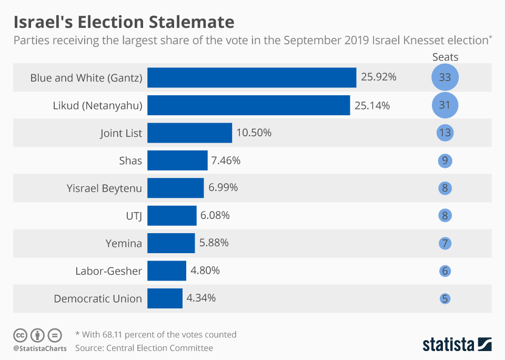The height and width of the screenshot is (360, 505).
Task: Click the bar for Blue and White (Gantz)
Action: tap(251, 77)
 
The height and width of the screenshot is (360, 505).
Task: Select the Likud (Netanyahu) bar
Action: tap(248, 105)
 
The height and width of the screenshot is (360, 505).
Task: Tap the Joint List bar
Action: tap(189, 133)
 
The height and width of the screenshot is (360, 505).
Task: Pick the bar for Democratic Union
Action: tap(165, 298)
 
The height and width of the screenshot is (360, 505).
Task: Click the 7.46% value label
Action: tap(226, 161)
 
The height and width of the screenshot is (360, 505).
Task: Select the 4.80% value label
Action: tap(205, 271)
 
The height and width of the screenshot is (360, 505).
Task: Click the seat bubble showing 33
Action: tap(445, 77)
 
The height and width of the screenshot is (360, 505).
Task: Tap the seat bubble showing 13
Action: tap(445, 133)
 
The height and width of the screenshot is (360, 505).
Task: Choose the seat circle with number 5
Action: tap(445, 298)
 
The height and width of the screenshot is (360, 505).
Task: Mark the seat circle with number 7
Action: tap(445, 243)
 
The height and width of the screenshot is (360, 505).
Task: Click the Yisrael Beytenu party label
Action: tap(104, 188)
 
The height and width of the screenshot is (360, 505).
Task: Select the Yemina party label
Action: tap(124, 243)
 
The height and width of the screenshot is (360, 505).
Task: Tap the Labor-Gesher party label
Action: tap(108, 271)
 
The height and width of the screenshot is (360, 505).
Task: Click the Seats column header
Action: tap(445, 57)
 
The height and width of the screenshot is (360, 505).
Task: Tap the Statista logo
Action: tap(457, 345)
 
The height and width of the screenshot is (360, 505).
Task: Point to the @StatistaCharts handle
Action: tap(40, 348)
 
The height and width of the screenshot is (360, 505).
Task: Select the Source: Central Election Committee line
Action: tap(144, 348)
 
